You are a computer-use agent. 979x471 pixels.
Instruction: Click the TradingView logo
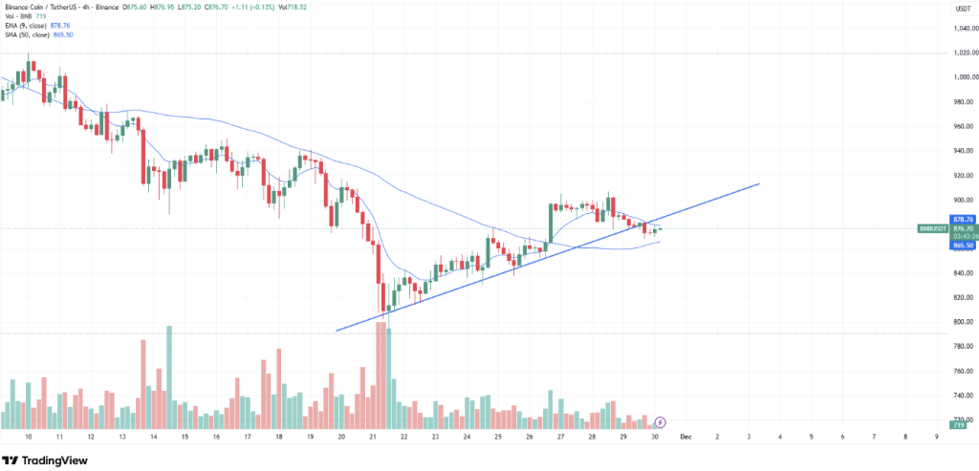[48, 459]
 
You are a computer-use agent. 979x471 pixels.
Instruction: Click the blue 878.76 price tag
[962, 220]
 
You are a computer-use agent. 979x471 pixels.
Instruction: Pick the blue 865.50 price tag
[962, 246]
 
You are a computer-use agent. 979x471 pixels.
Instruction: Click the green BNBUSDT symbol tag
[931, 229]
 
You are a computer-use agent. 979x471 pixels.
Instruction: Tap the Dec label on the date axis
[685, 436]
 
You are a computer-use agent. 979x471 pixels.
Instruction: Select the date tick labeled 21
[372, 436]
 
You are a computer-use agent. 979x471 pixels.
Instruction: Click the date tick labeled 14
[153, 436]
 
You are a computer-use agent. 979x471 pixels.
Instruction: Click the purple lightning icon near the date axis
[660, 421]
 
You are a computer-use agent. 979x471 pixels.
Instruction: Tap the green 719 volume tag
[958, 421]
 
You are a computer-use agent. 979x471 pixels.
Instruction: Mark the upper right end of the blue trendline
[759, 183]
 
